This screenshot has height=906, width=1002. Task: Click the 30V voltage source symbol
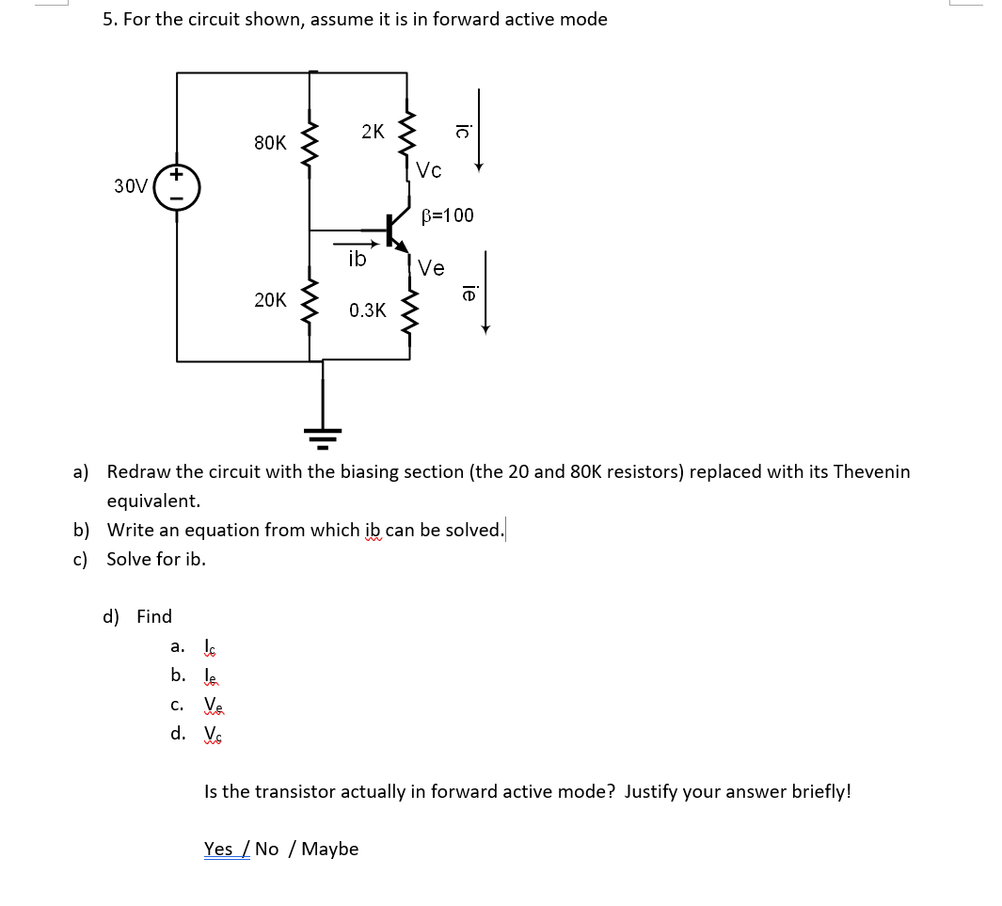point(177,186)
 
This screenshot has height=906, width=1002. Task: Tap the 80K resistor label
point(270,143)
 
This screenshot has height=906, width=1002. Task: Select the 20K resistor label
point(270,300)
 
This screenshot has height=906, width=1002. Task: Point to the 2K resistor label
point(373,132)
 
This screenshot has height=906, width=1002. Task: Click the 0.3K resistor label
point(367,310)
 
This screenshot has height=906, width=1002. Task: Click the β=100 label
point(448,215)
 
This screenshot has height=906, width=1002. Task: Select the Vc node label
point(429,170)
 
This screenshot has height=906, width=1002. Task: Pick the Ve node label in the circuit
point(431,268)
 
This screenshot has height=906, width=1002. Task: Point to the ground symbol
point(323,434)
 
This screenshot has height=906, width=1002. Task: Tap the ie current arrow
point(485,292)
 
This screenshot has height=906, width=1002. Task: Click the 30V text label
point(131,186)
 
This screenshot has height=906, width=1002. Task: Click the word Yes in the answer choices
point(219,849)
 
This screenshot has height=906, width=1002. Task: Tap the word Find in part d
point(154,616)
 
